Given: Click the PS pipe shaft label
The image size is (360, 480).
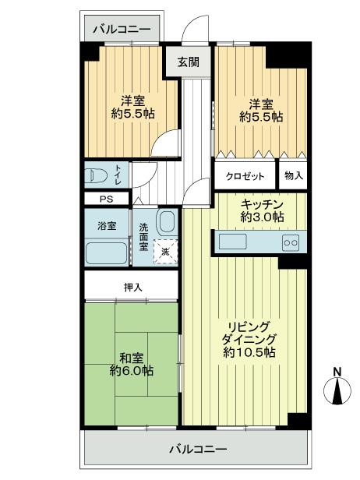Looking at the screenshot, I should pos(105,199).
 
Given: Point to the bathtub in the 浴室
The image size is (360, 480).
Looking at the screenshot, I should pos(106,253).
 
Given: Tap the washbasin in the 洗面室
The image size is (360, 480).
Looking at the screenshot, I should pos(164,222).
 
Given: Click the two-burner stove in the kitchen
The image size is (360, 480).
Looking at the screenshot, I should pos(290,242).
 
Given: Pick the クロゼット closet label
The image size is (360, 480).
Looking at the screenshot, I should pos(245,176).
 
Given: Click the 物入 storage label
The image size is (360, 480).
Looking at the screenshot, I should pos(293,176).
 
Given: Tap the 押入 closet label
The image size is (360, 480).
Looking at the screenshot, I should pos(133,287).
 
